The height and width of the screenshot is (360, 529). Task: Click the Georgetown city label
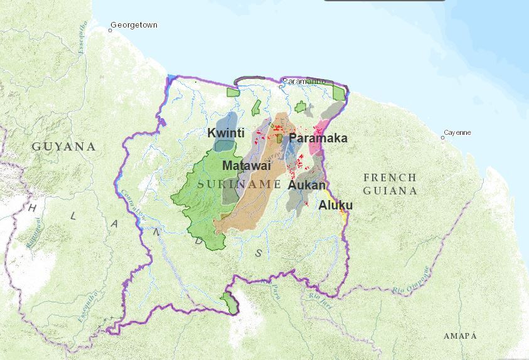pos(134,25)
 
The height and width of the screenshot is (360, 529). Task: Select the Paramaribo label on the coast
pos(304,82)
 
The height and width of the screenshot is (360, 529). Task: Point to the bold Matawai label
pos(246,166)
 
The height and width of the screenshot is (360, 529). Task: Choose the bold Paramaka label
pos(318,139)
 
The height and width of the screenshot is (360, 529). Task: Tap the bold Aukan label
pos(307,185)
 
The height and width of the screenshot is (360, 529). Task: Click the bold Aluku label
pos(335,205)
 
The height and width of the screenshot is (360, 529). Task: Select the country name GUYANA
pos(64,147)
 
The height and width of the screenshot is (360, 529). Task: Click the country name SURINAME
pos(239,184)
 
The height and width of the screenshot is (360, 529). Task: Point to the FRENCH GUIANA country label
pos(389,184)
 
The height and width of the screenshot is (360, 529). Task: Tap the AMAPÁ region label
pos(460,336)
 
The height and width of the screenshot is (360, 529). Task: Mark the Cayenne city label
pos(457,133)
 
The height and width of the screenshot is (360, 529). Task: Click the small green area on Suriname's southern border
pos(230,304)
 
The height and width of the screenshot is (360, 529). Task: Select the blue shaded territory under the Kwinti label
pos(224,143)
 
